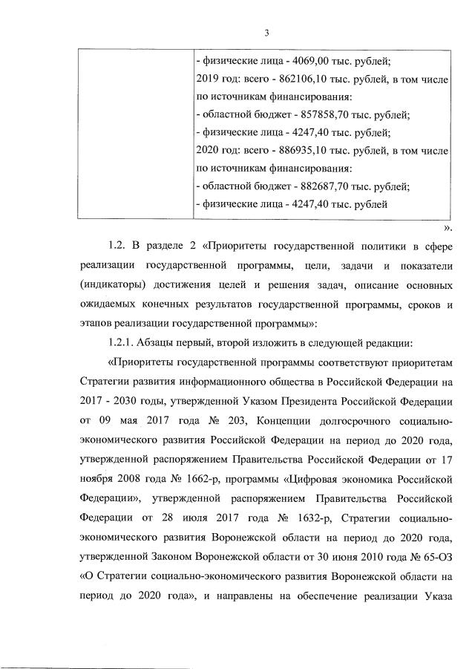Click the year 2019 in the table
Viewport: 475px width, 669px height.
pos(208,79)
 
